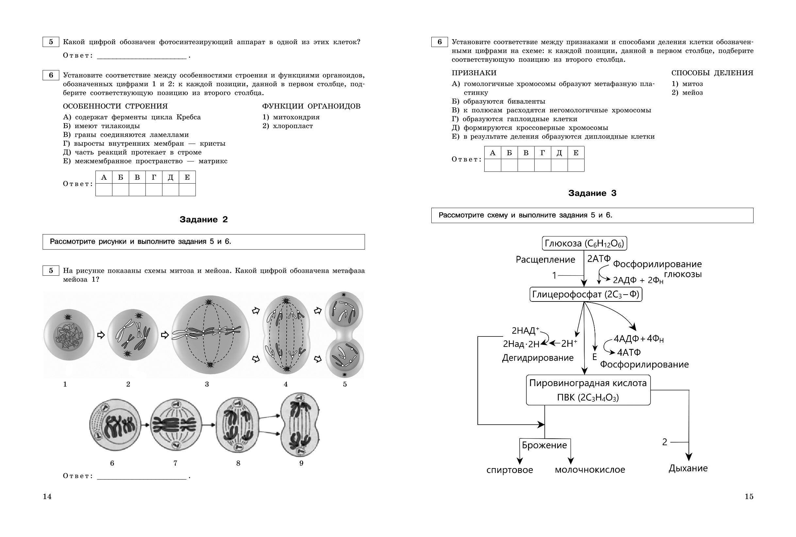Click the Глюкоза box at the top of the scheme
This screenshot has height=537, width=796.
(584, 243)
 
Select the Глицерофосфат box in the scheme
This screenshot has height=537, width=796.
(586, 294)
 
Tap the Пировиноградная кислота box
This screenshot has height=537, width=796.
(588, 390)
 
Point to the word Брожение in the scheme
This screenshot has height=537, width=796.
(544, 445)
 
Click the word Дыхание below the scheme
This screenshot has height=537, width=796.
(688, 468)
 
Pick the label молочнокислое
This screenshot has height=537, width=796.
(590, 469)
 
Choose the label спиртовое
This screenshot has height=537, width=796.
(509, 469)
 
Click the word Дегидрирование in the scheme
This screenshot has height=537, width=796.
(538, 358)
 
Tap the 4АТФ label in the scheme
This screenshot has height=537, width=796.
(629, 352)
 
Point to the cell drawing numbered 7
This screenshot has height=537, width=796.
(175, 426)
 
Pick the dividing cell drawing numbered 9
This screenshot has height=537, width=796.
(300, 424)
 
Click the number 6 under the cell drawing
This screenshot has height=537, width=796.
(112, 463)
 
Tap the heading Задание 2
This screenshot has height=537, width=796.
(204, 220)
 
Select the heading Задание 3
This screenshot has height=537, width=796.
(592, 193)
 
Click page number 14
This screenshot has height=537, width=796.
(47, 496)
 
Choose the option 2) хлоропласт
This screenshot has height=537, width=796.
(288, 126)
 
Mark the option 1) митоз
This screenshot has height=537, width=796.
(687, 84)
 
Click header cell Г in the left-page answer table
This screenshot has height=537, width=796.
(154, 177)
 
